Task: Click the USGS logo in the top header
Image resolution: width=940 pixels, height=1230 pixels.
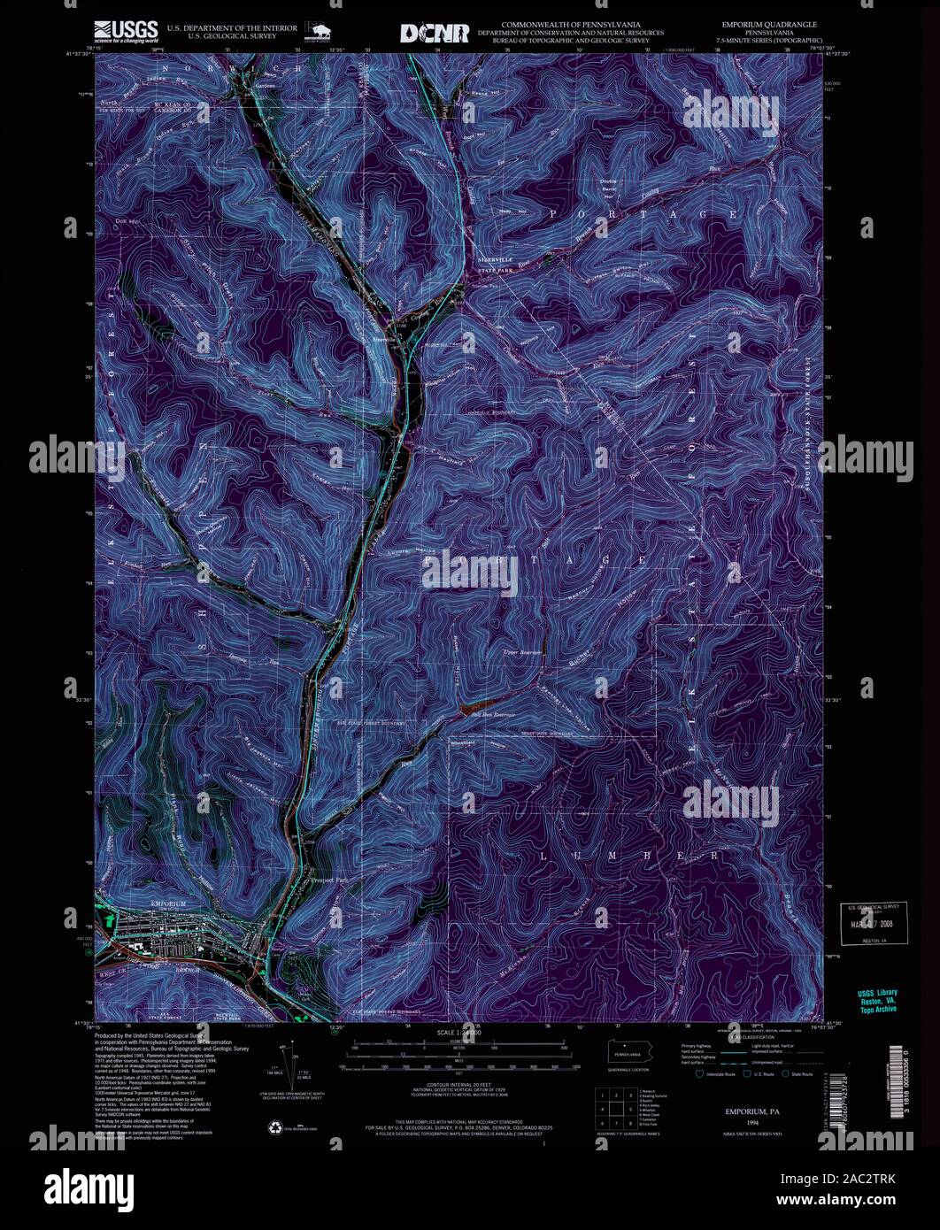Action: click(x=129, y=33)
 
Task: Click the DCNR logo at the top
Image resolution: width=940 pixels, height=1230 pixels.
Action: click(x=435, y=33)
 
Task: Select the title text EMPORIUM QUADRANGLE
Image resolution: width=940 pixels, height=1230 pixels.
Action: click(x=768, y=24)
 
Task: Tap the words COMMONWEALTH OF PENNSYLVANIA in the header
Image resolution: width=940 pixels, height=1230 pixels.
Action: click(x=570, y=23)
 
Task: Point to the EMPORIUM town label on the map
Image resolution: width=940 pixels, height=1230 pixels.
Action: click(x=170, y=903)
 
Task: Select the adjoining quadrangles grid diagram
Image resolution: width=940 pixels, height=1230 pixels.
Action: click(x=613, y=1106)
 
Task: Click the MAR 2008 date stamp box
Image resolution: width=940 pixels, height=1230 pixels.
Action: click(x=873, y=926)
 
